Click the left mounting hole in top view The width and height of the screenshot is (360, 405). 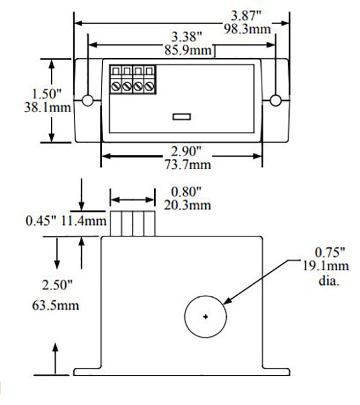pyautogui.click(x=88, y=100)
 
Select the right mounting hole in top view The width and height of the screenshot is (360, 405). pyautogui.click(x=276, y=100)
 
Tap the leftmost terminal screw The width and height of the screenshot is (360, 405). pyautogui.click(x=116, y=86)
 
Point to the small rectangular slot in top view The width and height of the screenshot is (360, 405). pyautogui.click(x=181, y=116)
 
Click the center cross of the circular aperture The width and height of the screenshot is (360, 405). pyautogui.click(x=205, y=317)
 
